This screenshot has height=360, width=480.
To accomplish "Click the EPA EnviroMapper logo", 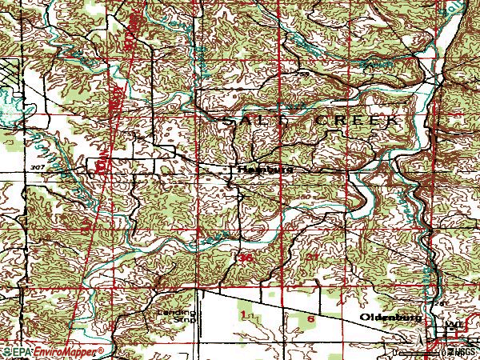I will [x=53, y=351].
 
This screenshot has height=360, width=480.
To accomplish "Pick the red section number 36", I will [x=246, y=258].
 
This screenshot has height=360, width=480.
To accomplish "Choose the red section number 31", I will [x=312, y=256].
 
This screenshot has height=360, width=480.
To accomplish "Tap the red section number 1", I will [x=242, y=316].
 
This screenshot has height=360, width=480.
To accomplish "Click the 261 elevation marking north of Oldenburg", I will [x=437, y=305].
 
